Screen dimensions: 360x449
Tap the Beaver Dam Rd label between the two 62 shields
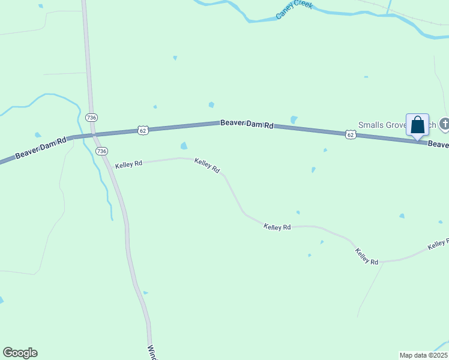tap(247, 124)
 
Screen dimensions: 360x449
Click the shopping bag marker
tap(417, 125)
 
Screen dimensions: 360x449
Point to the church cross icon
tap(444, 124)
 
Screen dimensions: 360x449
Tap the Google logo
tap(20, 353)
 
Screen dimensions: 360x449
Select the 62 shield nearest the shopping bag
tap(351, 135)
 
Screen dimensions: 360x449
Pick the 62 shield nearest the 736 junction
tap(142, 130)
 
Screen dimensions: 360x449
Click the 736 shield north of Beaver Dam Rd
tap(91, 117)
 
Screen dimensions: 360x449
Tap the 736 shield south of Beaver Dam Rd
tap(101, 151)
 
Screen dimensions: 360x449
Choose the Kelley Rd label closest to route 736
tap(128, 163)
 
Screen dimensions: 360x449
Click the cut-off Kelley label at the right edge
tap(438, 244)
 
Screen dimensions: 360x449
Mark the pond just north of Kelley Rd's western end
tap(184, 146)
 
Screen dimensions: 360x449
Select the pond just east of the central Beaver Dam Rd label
tap(294, 120)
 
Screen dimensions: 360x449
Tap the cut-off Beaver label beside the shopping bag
tap(438, 145)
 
